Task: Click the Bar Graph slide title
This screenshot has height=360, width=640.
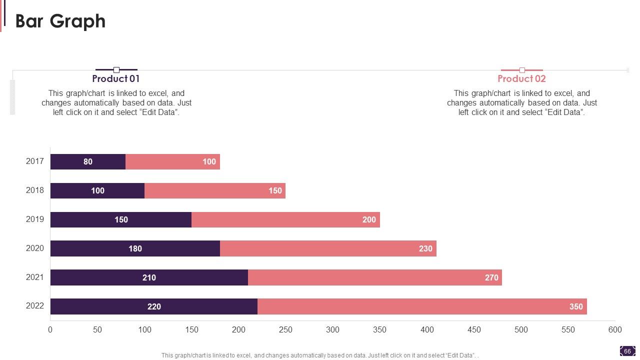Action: pos(60,21)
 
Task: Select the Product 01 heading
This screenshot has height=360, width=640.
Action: pos(116,79)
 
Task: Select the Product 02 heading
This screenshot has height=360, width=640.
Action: pos(521,79)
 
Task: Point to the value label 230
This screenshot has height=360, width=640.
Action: pos(425,248)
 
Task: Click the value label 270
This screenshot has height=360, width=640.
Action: pos(491,277)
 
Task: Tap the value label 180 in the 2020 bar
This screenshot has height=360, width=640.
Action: pos(135,248)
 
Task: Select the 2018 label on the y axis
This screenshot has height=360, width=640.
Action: pos(35,190)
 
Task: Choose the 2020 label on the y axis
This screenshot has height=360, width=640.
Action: pos(35,248)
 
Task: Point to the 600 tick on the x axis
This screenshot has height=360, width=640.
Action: pos(614,330)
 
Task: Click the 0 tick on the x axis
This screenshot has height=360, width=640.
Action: pos(50,330)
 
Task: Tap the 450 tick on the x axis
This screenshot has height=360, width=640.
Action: pos(473,330)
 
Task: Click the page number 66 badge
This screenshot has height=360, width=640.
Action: pos(627,351)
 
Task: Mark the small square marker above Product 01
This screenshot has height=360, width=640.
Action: pos(116,70)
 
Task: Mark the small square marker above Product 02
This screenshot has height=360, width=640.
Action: pos(522,70)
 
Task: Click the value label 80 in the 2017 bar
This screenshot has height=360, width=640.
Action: pos(88,162)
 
